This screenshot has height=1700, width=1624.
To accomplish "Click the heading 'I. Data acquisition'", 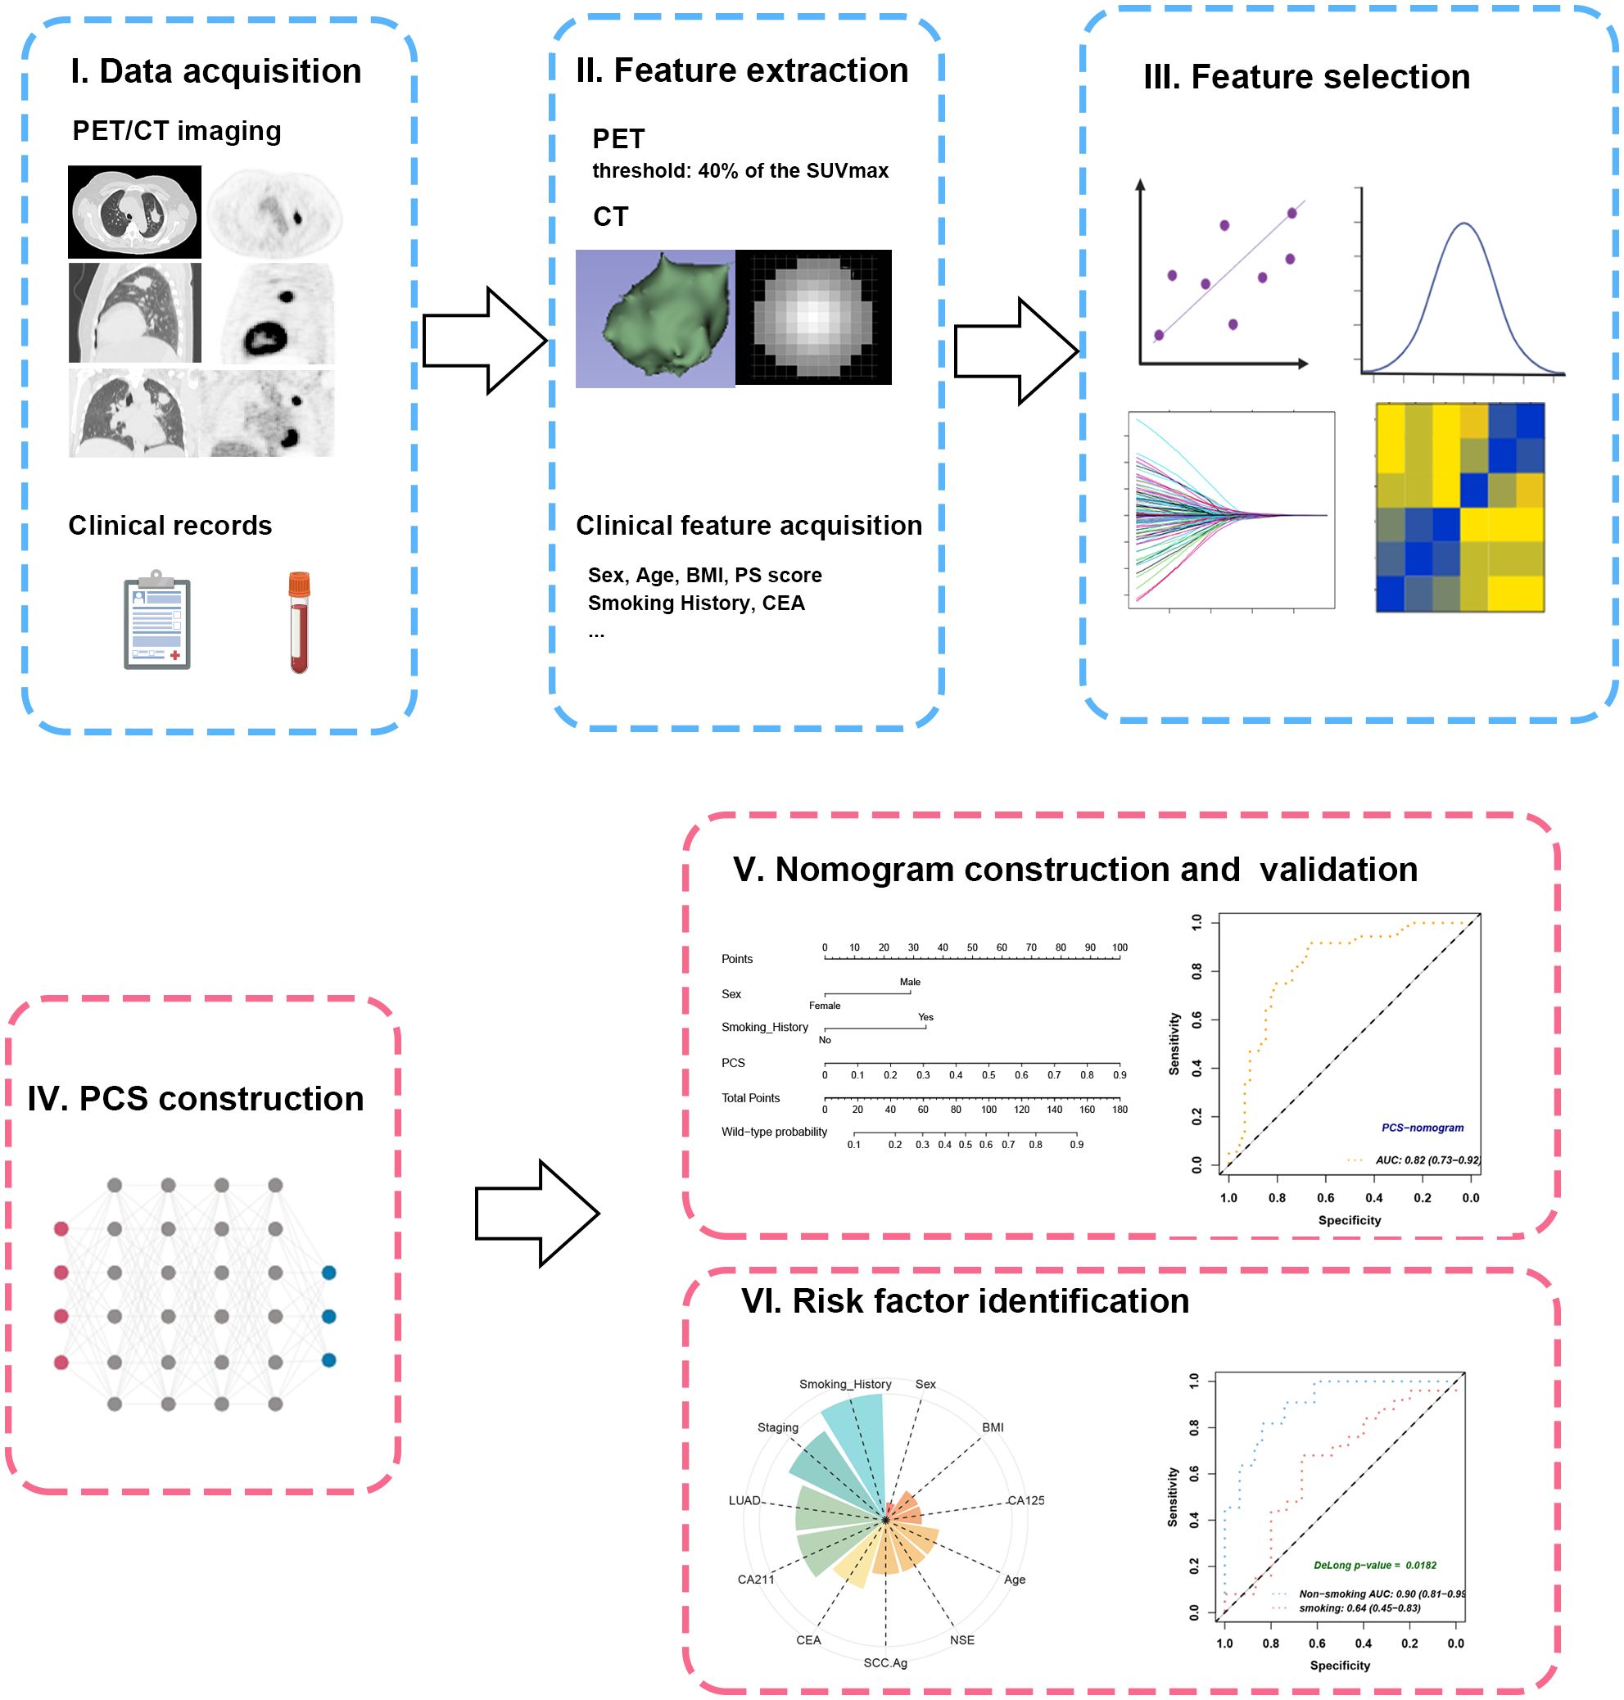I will point(215,71).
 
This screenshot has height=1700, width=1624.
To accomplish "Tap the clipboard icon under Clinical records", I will point(156,620).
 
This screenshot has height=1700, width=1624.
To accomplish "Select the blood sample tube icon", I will point(300,622).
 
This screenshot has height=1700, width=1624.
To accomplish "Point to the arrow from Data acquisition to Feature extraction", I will point(484,341).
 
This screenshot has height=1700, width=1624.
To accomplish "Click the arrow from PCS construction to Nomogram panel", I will point(536,1214).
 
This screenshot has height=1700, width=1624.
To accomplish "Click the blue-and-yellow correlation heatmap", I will point(1459,507).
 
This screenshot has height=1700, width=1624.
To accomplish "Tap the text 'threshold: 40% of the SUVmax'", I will point(740,170).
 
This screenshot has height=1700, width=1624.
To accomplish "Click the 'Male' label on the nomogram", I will point(910,982).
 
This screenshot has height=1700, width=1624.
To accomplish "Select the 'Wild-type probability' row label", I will point(774,1132).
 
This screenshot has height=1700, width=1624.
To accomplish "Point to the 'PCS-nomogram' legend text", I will point(1423,1127).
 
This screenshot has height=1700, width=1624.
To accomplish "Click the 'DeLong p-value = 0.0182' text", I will point(1375,1565).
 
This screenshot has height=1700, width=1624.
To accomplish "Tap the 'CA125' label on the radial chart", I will point(1026,1500).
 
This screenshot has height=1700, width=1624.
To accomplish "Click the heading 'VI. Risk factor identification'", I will point(965,1301).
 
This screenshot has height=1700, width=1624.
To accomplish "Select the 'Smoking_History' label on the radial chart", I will point(845,1384).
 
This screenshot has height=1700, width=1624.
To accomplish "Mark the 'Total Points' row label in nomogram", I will point(750,1097).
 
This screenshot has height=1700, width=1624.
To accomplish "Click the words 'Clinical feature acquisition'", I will point(749,526).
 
